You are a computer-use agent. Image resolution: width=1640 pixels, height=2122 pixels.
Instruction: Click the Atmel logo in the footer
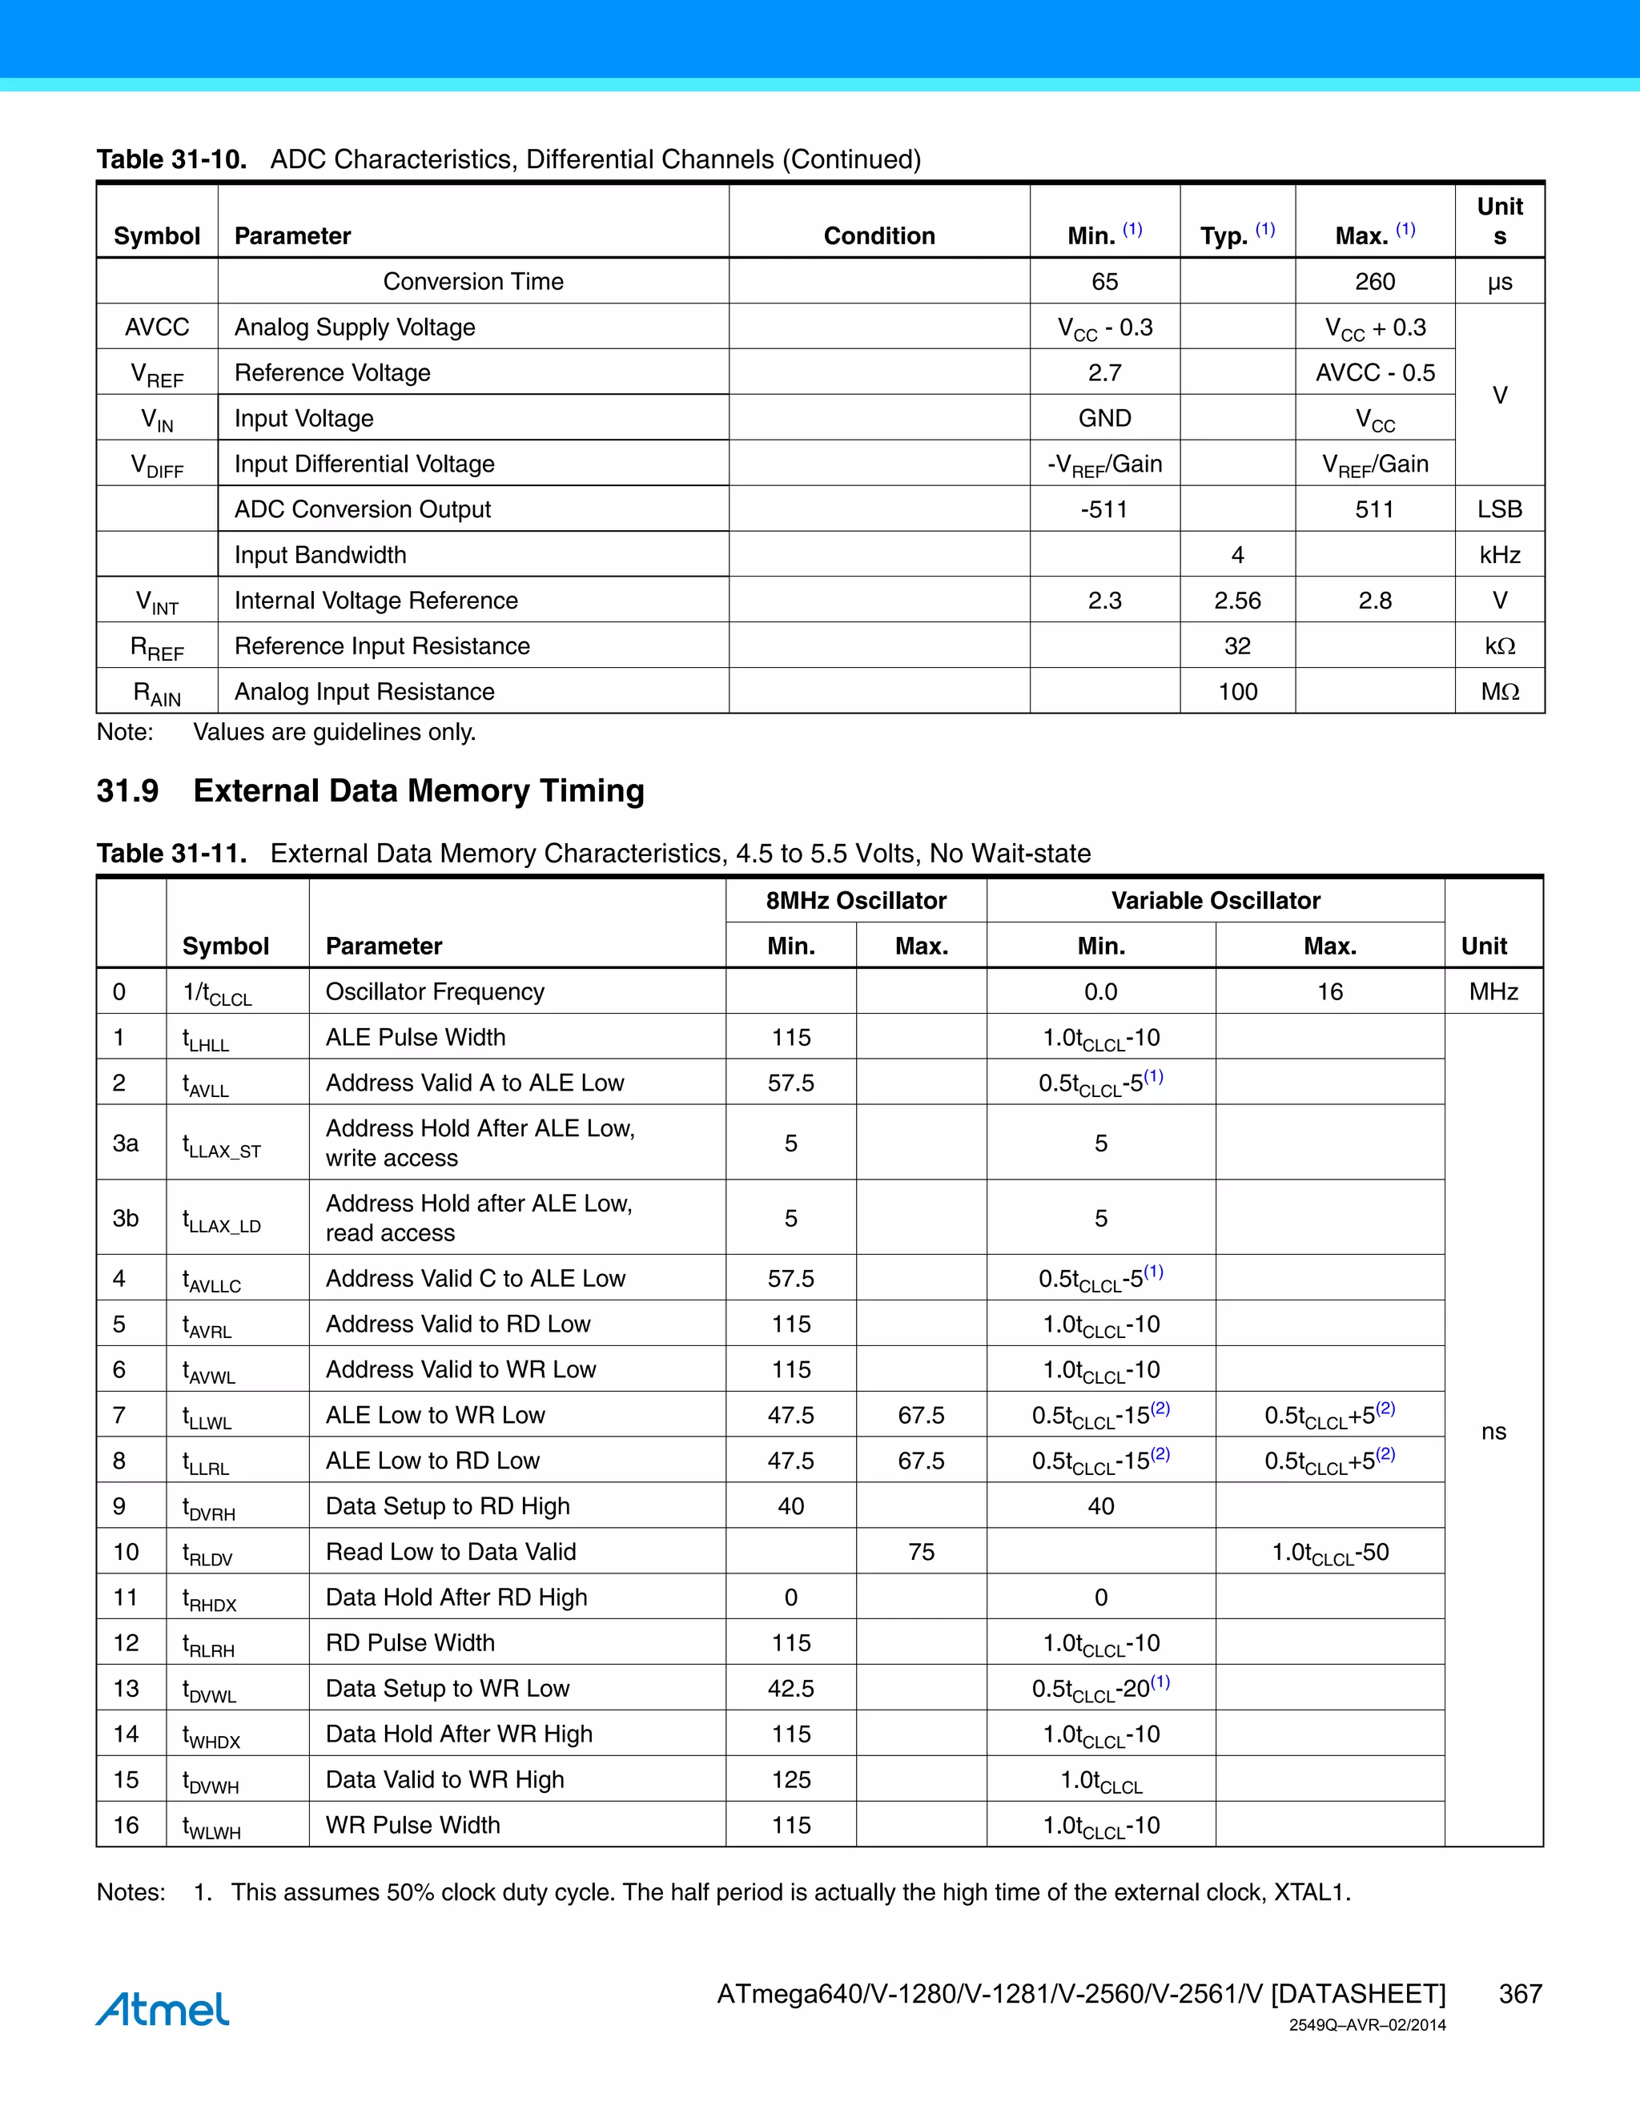click(163, 2008)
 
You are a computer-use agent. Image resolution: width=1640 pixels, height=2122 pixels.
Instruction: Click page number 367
click(1520, 1994)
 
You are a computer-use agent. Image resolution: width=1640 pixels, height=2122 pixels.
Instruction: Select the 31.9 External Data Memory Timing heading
click(370, 791)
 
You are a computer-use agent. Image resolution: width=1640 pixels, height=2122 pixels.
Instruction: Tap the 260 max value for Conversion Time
click(1374, 282)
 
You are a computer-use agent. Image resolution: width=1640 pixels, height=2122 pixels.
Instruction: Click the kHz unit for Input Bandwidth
click(1499, 555)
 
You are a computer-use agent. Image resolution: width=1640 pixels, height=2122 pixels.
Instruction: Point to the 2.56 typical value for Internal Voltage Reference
click(1236, 601)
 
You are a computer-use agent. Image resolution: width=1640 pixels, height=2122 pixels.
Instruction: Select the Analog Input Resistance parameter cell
click(364, 692)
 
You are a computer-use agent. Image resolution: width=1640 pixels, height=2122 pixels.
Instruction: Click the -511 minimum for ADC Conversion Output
click(1103, 509)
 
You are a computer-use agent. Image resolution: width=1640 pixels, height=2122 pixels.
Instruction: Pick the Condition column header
click(878, 236)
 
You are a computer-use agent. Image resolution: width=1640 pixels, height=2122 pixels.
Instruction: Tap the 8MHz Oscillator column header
click(855, 901)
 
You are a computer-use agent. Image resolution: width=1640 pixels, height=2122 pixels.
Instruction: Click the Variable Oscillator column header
click(1215, 901)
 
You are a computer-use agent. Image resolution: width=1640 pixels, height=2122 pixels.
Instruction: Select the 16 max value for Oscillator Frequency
click(1329, 992)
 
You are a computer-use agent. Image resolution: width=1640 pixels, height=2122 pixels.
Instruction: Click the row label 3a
click(126, 1143)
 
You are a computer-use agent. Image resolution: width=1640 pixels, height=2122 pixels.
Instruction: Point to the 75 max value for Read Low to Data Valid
click(921, 1552)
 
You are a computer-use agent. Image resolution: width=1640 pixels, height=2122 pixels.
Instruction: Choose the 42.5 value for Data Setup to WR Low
click(791, 1689)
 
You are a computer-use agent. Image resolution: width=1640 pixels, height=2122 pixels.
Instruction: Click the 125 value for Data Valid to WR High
click(791, 1779)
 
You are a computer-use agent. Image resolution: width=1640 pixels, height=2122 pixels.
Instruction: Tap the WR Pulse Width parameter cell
click(413, 1825)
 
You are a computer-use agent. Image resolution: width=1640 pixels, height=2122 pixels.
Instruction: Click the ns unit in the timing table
click(1493, 1431)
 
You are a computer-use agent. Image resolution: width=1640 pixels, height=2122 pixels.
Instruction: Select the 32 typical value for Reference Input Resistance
click(1236, 646)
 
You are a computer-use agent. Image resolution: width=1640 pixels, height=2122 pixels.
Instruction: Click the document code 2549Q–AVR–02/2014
click(1367, 2025)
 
